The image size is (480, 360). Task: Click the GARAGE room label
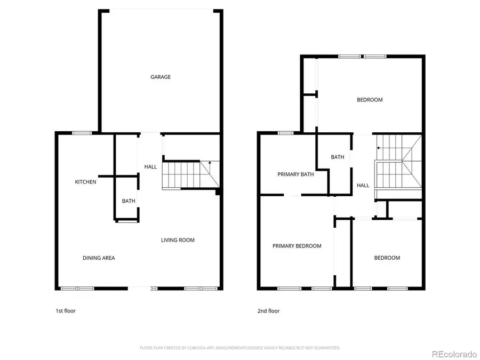tap(160, 77)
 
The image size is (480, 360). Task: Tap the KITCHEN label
tap(85, 182)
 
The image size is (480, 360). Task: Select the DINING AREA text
tap(99, 258)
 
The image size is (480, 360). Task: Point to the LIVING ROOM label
tap(178, 240)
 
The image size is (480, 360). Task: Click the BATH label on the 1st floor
tap(128, 201)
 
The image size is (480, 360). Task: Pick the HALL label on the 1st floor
tap(150, 167)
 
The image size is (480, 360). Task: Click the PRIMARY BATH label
tap(295, 174)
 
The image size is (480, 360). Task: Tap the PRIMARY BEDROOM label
tap(297, 246)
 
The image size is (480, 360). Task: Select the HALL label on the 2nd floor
tap(363, 185)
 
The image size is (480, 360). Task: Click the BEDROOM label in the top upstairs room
tap(369, 100)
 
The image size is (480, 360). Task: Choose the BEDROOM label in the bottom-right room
tap(387, 258)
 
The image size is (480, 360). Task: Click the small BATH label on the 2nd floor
tap(337, 157)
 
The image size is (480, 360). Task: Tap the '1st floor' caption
tap(66, 311)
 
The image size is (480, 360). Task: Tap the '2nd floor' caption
tap(269, 311)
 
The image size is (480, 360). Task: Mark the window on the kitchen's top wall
tap(82, 133)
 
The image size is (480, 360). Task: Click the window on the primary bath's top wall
tap(285, 133)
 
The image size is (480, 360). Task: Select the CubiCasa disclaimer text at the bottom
tap(239, 348)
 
